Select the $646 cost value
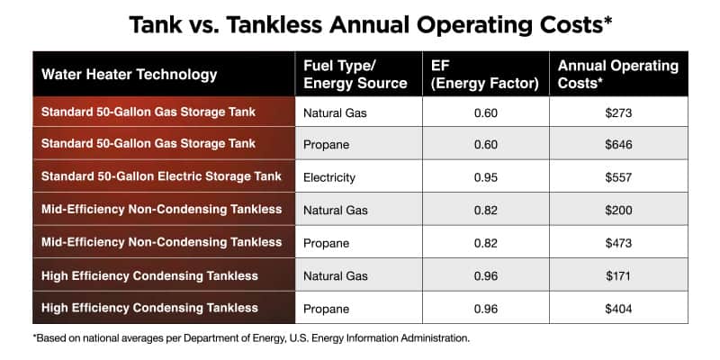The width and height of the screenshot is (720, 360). pos(618,144)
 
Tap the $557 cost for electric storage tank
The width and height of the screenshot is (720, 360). pos(618,176)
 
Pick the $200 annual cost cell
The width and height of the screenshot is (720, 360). pos(618,210)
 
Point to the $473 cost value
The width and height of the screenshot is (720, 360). pos(618,242)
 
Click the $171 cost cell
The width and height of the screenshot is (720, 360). pos(618,275)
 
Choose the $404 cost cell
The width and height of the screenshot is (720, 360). pos(618,308)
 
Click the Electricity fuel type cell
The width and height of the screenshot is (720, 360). pos(330,176)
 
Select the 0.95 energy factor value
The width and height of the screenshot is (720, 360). pos(486,176)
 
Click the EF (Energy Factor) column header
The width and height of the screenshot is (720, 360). pos(485,74)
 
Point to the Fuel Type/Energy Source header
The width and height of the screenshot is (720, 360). pos(343,74)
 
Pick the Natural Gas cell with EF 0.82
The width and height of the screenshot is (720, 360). pos(335,210)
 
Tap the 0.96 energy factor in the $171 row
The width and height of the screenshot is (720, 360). pos(486,275)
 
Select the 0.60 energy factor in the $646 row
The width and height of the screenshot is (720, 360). pos(486,144)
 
